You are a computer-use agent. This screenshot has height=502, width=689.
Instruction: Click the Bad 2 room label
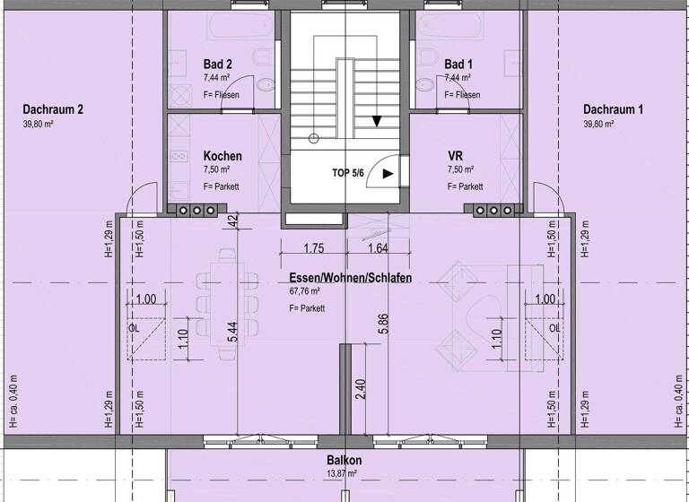point(218,65)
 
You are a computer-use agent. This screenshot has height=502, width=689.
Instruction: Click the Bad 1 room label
point(458,65)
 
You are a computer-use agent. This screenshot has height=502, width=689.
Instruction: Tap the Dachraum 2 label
point(53,110)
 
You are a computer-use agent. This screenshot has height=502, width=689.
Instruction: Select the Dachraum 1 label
point(613,110)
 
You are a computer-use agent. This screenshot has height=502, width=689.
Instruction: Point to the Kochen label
point(222,156)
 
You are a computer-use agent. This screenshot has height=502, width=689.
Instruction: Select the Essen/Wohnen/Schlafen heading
point(350,279)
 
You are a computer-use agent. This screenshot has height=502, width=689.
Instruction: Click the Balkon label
point(344,460)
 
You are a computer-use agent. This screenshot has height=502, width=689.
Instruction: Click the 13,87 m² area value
point(341,473)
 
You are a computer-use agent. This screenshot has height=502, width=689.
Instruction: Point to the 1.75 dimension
point(313,249)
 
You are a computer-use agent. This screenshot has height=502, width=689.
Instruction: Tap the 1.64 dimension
point(378,249)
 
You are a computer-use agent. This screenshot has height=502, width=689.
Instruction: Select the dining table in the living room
point(227,300)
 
